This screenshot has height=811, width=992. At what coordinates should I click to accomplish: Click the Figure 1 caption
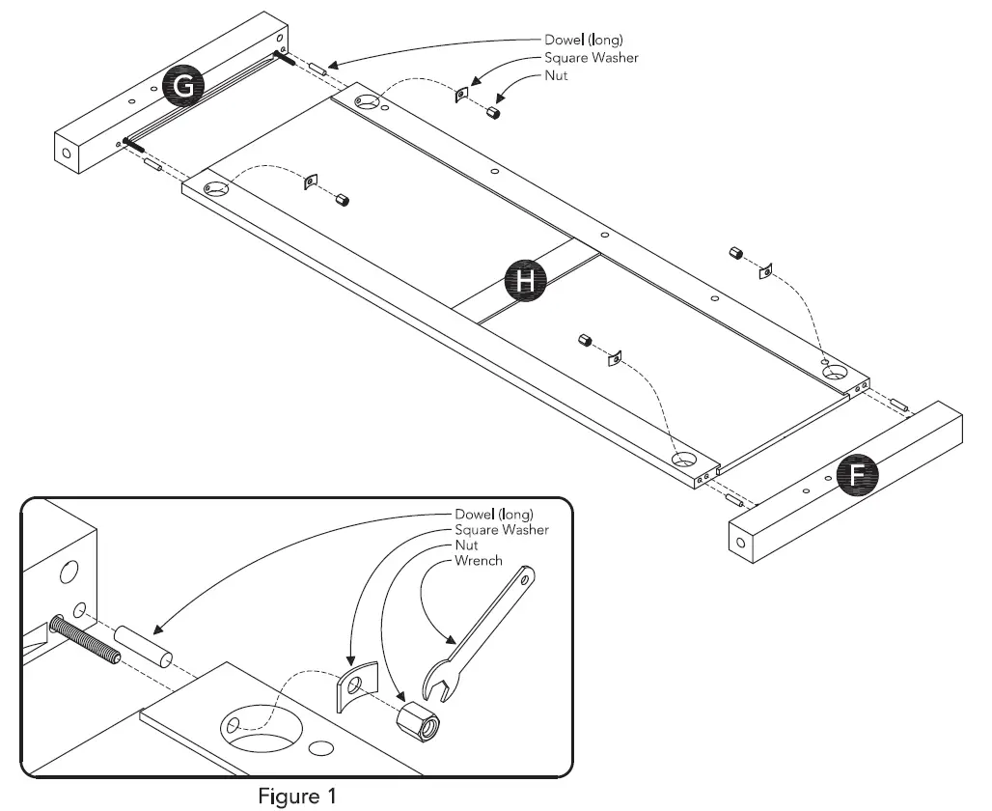pos(296,797)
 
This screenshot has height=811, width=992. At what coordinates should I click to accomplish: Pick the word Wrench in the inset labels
pos(477,560)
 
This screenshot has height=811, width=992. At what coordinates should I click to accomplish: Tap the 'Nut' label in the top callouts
pos(555,75)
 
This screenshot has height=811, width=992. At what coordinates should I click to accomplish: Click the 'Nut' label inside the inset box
pos(466,545)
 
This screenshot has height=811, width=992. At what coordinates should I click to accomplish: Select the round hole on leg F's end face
pos(740,544)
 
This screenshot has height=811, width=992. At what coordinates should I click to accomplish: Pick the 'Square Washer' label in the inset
pos(501,529)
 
